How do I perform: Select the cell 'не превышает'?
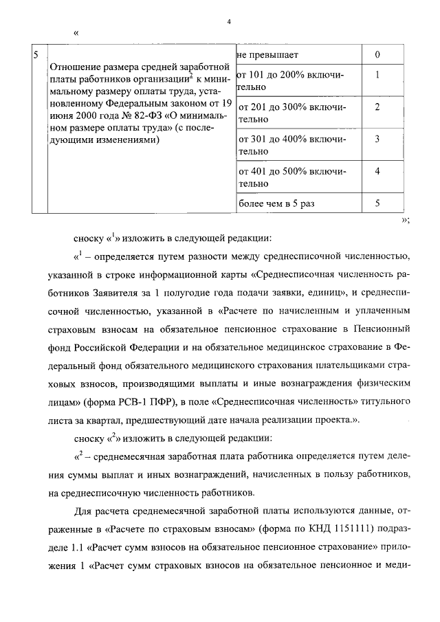pos(267,54)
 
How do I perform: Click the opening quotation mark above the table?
pos(76,33)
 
